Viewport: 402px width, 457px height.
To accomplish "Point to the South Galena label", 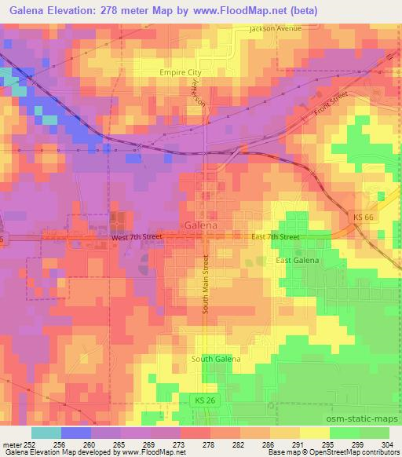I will (x=215, y=359).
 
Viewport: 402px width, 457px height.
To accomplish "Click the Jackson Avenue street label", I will (x=276, y=29).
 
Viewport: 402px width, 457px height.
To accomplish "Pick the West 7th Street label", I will (x=138, y=236).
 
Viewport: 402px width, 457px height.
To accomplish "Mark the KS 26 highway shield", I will (x=202, y=401).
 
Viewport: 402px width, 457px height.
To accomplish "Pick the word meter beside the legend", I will (x=11, y=443).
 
